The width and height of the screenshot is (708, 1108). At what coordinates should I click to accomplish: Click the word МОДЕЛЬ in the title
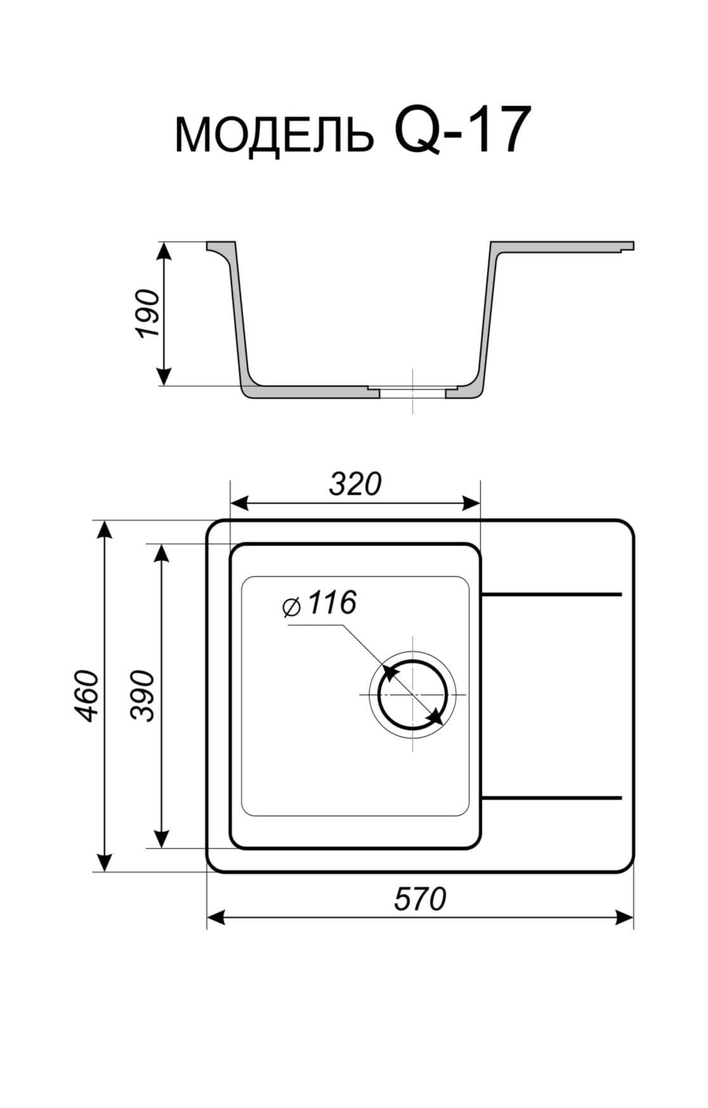(x=274, y=134)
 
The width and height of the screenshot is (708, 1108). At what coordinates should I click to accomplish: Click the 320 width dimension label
(x=355, y=484)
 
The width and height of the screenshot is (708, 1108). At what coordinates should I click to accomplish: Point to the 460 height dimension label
(x=86, y=695)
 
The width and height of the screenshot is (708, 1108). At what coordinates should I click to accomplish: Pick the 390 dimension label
(x=142, y=695)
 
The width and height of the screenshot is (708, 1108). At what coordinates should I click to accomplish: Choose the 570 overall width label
(x=420, y=899)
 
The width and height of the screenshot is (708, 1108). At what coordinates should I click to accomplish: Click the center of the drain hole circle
(x=413, y=695)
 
